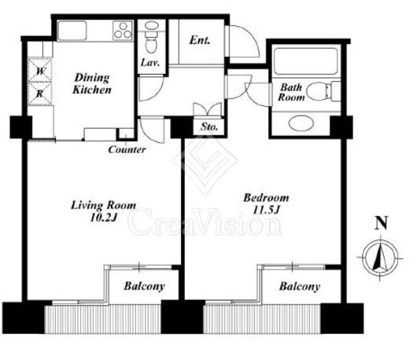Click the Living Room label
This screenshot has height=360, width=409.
pyautogui.click(x=104, y=205)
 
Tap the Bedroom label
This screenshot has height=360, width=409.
pyautogui.click(x=266, y=197)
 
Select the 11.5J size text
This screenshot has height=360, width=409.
pyautogui.click(x=267, y=210)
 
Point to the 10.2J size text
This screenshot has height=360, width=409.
pyautogui.click(x=103, y=218)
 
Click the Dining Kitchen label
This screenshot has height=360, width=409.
pyautogui.click(x=92, y=83)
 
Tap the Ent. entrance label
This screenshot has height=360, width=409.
pyautogui.click(x=200, y=40)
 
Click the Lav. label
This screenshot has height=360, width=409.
pyautogui.click(x=150, y=63)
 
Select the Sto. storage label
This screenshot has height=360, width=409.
pyautogui.click(x=209, y=127)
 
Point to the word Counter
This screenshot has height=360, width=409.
pyautogui.click(x=127, y=149)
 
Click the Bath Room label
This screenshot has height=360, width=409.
pyautogui.click(x=291, y=92)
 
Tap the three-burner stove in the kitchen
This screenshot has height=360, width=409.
pyautogui.click(x=123, y=31)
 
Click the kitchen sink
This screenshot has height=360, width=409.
pyautogui.click(x=72, y=31)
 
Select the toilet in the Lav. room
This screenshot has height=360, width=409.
pyautogui.click(x=151, y=37)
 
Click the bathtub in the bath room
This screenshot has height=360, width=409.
pyautogui.click(x=305, y=61)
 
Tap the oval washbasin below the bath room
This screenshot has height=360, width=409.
pyautogui.click(x=301, y=123)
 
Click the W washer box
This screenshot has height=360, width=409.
pyautogui.click(x=40, y=70)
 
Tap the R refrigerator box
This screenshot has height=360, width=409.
pyautogui.click(x=40, y=94)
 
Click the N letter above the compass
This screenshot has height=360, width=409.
pyautogui.click(x=381, y=223)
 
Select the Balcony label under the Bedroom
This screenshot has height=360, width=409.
pyautogui.click(x=300, y=286)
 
